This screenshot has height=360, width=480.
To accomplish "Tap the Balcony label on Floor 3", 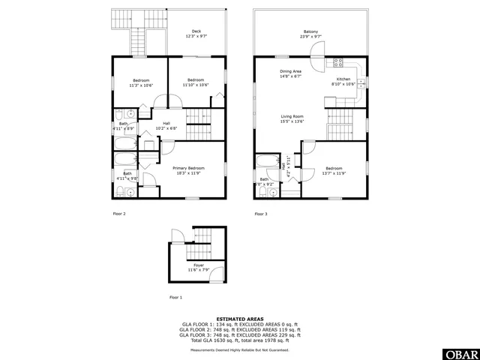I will tap(310, 34).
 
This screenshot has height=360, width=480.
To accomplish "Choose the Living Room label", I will tap(292, 118).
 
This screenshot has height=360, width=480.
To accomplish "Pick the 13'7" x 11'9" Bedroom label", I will tap(333, 170).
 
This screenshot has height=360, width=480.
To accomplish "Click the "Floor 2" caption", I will tap(119, 214).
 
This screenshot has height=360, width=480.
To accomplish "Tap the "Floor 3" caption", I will tap(260, 214).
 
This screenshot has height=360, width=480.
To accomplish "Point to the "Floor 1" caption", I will tap(175, 298).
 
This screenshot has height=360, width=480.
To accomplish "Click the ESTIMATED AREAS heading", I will tap(240, 319).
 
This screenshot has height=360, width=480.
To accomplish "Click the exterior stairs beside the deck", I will tap(139, 35).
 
